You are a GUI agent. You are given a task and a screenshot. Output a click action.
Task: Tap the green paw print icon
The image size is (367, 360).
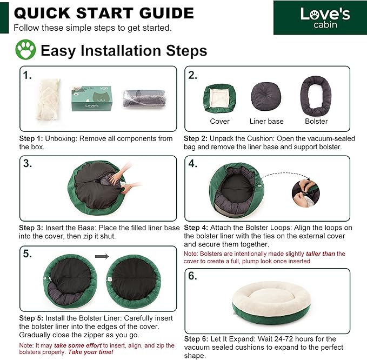click(x=25, y=49)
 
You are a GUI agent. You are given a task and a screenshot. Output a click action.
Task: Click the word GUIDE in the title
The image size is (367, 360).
click(x=166, y=13)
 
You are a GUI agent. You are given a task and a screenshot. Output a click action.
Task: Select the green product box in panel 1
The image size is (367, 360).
click(x=92, y=98)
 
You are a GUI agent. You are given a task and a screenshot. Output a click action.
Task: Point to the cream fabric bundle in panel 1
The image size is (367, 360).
click(x=49, y=99)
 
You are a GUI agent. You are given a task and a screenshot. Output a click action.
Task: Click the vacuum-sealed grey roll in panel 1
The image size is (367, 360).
click(x=145, y=98)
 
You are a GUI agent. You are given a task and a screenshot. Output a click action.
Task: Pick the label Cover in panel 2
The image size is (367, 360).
click(x=219, y=121)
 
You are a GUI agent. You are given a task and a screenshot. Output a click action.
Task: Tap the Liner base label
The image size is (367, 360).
click(x=266, y=121)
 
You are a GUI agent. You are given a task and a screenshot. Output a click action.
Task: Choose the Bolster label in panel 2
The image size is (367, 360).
click(x=316, y=121)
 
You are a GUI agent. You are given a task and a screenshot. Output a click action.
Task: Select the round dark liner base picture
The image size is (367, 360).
click(x=266, y=96)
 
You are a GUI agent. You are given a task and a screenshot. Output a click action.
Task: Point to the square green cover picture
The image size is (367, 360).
click(x=219, y=98)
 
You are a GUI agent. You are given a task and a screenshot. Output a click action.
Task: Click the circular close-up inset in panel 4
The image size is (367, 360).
click(x=306, y=194)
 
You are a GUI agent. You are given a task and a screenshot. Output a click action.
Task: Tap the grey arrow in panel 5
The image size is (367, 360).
click(x=102, y=257)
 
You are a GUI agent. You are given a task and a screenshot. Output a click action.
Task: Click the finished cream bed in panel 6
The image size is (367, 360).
click(x=271, y=303)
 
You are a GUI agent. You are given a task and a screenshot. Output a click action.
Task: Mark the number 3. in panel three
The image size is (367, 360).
click(x=28, y=163)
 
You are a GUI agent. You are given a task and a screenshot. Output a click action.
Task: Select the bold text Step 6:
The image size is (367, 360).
click(x=196, y=339)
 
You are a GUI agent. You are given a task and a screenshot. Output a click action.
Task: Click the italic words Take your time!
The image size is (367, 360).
click(x=91, y=352)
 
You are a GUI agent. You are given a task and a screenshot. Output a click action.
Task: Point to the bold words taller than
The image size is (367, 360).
click(x=321, y=254)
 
